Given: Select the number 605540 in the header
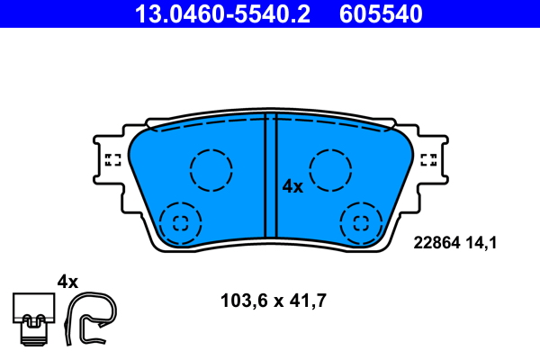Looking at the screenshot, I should [380, 13].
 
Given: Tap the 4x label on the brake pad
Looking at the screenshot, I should [292, 186].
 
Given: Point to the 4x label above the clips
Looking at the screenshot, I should [67, 282].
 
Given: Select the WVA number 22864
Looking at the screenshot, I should [435, 241].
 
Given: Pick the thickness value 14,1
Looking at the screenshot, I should [481, 241].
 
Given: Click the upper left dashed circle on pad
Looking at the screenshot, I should [211, 168].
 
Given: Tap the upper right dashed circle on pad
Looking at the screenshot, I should [330, 168].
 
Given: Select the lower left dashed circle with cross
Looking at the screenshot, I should [180, 222].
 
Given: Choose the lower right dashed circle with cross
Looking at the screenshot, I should [362, 222].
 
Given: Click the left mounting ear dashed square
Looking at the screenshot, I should [113, 160].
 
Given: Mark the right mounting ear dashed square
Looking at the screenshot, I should [429, 160].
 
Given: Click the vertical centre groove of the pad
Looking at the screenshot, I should [270, 180].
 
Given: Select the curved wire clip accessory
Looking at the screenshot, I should [93, 318].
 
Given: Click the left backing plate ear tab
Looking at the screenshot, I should [106, 160].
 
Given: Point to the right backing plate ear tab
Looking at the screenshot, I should [436, 160].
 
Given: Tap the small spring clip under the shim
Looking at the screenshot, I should [35, 330].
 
